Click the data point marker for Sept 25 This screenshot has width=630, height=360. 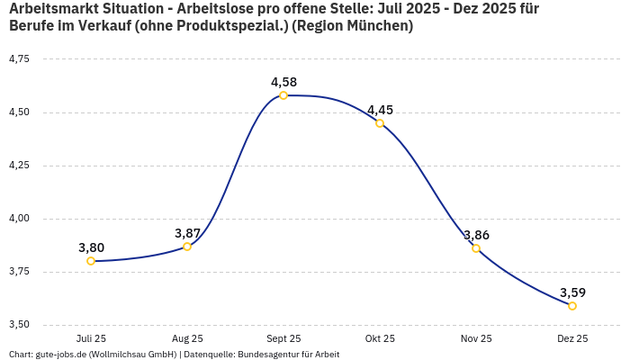[283, 95]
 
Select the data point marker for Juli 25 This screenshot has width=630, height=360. [91, 261]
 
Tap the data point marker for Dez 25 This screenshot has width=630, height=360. [572, 306]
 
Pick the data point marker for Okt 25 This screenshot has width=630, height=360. [380, 123]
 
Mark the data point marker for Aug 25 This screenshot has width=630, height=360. [187, 247]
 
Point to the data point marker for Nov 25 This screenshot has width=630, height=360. [476, 248]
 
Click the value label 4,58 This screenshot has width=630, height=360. [283, 82]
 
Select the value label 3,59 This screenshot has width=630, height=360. [572, 292]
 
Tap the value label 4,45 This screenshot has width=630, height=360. [380, 110]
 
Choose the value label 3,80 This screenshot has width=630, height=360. [91, 247]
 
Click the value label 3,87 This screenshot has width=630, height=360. [187, 233]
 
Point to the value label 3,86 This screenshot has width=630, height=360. [476, 235]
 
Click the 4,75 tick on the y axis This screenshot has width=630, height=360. [19, 58]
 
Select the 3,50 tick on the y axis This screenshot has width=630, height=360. [19, 324]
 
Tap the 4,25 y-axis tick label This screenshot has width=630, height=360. [19, 165]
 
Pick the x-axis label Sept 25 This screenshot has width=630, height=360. [283, 338]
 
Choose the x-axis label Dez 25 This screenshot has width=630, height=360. [572, 338]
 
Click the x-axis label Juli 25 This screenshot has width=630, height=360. [91, 338]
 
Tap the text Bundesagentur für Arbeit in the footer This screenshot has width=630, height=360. [288, 355]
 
